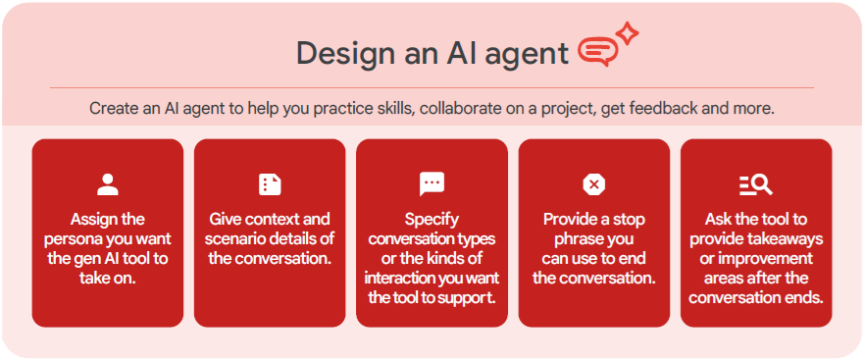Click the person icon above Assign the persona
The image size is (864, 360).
point(108,184)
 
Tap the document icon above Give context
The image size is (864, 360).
point(270,184)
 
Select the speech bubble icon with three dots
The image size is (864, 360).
point(432,184)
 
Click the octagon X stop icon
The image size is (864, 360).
point(594,184)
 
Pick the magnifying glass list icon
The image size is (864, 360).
point(756,184)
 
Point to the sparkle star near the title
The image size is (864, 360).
point(627,34)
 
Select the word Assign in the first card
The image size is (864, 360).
point(90,220)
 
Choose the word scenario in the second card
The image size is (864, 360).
point(237,239)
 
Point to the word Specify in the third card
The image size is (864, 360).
point(432,220)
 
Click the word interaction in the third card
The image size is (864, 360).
point(399,278)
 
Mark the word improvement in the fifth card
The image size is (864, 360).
point(769,259)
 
